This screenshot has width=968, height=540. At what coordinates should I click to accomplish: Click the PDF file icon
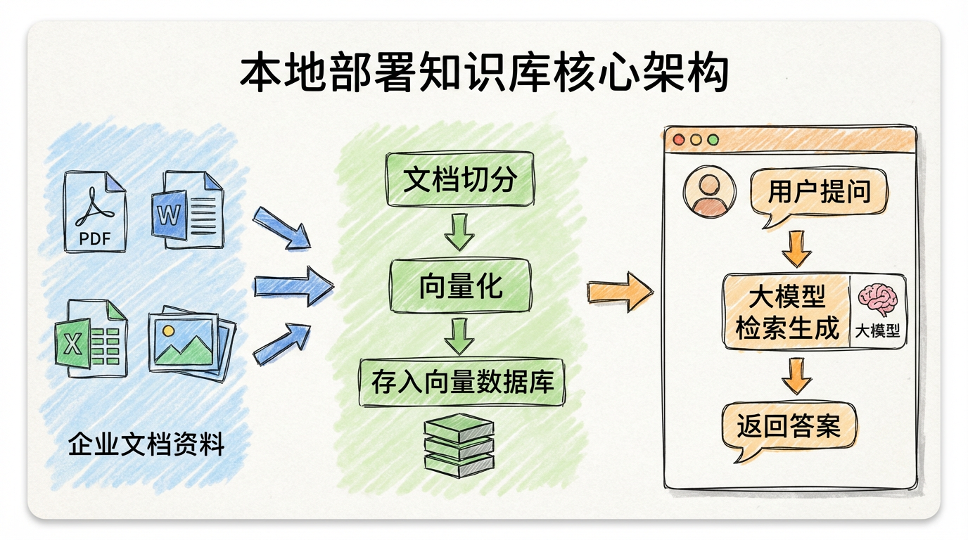[95, 211]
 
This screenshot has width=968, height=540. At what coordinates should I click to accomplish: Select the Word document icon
[186, 209]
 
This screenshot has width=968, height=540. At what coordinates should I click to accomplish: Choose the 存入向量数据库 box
[462, 382]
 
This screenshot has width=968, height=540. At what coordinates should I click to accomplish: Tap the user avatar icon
[709, 190]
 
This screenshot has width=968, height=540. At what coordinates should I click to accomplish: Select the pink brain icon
[877, 300]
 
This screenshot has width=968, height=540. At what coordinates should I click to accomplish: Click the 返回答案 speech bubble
[789, 425]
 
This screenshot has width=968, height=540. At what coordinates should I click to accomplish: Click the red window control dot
[679, 140]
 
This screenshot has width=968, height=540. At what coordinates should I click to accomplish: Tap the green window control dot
[713, 140]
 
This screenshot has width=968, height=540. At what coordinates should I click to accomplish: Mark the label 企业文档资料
[146, 444]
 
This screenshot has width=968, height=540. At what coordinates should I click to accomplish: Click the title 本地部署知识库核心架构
[484, 74]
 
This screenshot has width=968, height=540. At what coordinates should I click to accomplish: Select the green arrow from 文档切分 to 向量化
[459, 232]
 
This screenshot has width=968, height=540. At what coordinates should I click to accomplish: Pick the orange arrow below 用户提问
[796, 248]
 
